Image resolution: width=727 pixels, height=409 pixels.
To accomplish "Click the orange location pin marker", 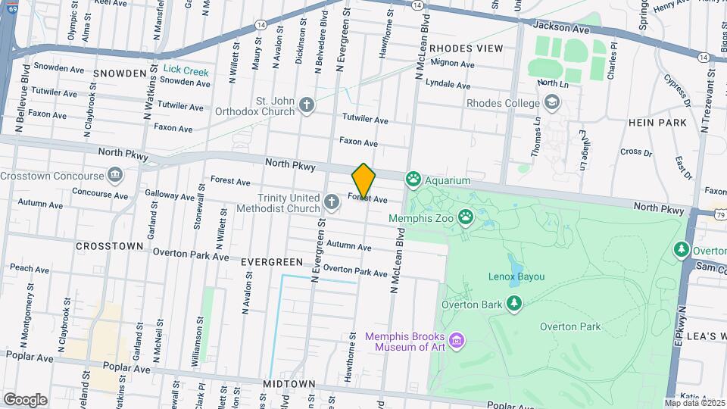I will pyautogui.click(x=363, y=181).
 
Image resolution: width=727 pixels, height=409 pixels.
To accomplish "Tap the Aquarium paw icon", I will pyautogui.click(x=413, y=180).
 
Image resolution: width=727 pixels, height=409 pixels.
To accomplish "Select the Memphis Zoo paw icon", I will pyautogui.click(x=464, y=218).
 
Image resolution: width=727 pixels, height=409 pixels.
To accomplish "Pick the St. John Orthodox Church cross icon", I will pyautogui.click(x=306, y=104).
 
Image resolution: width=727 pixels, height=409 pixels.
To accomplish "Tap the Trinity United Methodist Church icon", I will pyautogui.click(x=331, y=201).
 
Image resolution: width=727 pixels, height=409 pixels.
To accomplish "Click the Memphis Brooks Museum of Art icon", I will pyautogui.click(x=457, y=342).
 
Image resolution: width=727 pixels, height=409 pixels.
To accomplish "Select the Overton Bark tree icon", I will pyautogui.click(x=515, y=304).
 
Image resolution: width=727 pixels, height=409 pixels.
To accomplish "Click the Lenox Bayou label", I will pyautogui.click(x=516, y=277).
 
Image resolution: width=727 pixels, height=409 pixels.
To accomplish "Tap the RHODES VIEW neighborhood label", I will pyautogui.click(x=466, y=48).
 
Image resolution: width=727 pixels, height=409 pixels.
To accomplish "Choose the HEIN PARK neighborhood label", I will pyautogui.click(x=657, y=122).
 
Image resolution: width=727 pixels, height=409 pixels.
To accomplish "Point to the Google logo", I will pyautogui.click(x=26, y=399).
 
